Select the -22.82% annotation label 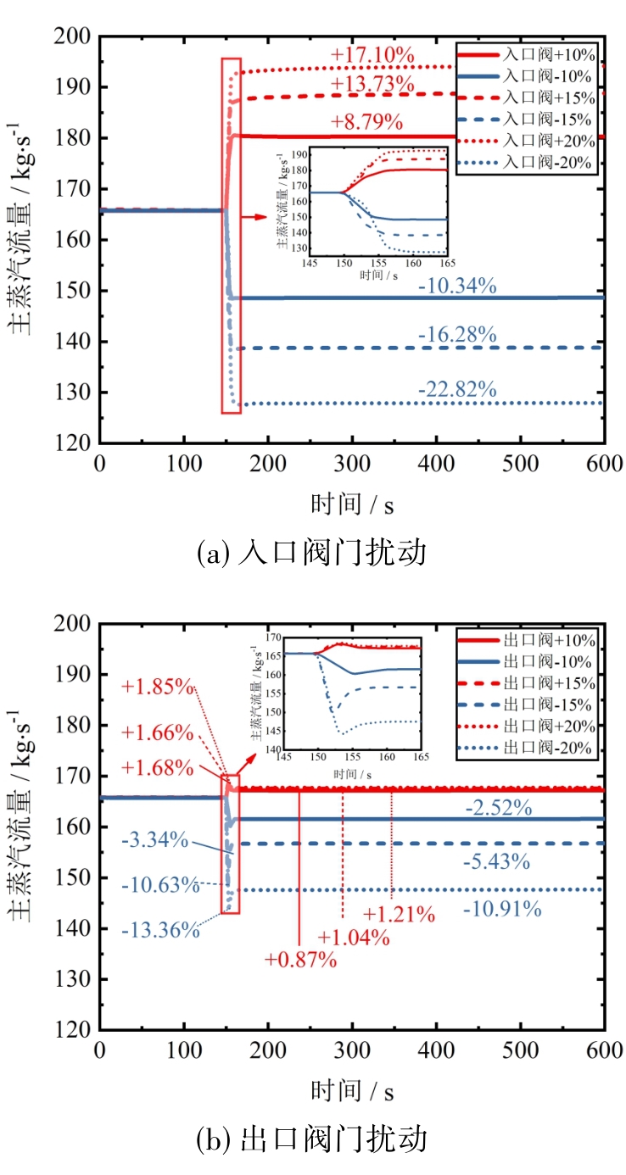point(456,390)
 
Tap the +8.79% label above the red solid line point(366,121)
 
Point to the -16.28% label point(456,335)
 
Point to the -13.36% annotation point(160,930)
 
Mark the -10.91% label point(502,910)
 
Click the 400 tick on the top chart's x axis point(436,465)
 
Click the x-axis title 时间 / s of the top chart point(350,504)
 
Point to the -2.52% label point(499,808)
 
